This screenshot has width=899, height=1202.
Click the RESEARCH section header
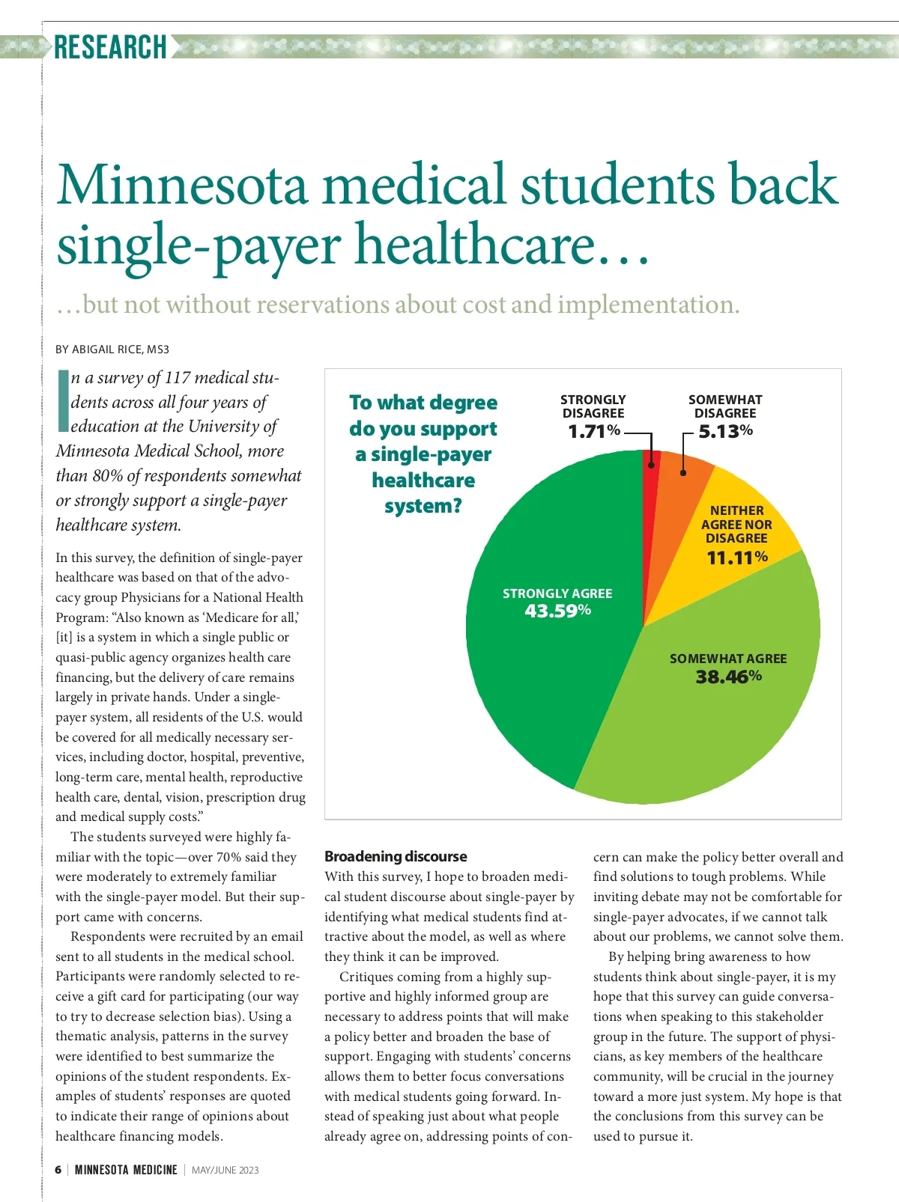(x=110, y=46)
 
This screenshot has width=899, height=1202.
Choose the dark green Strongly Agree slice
(x=539, y=674)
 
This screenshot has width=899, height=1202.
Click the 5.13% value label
(x=725, y=431)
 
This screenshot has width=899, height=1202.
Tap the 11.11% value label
(x=737, y=558)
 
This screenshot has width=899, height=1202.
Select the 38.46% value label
(x=728, y=677)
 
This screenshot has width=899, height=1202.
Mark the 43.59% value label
(x=557, y=611)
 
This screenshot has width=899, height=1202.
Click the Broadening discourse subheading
(x=396, y=856)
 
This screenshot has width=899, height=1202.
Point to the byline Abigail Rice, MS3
(x=112, y=350)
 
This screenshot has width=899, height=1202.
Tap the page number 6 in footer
(x=58, y=1170)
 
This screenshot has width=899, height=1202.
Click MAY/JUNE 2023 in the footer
(x=225, y=1170)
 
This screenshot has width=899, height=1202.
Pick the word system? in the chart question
(x=423, y=506)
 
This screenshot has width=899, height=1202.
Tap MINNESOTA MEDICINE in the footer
(x=126, y=1170)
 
